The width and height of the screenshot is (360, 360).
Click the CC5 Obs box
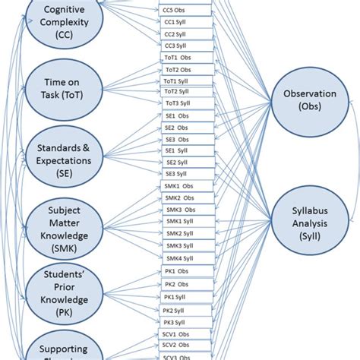click(179, 11)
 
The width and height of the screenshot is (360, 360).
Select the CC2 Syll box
click(179, 34)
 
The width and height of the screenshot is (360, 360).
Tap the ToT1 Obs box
click(179, 58)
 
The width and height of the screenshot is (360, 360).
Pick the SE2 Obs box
click(179, 127)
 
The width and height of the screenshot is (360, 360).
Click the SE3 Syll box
click(179, 174)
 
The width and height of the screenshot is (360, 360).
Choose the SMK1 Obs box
click(179, 186)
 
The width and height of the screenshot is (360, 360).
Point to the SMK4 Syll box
click(179, 257)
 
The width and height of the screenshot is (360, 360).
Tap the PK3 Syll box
click(178, 323)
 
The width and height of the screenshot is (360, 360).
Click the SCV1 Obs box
click(178, 334)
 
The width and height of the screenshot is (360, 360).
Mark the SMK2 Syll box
click(179, 233)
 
